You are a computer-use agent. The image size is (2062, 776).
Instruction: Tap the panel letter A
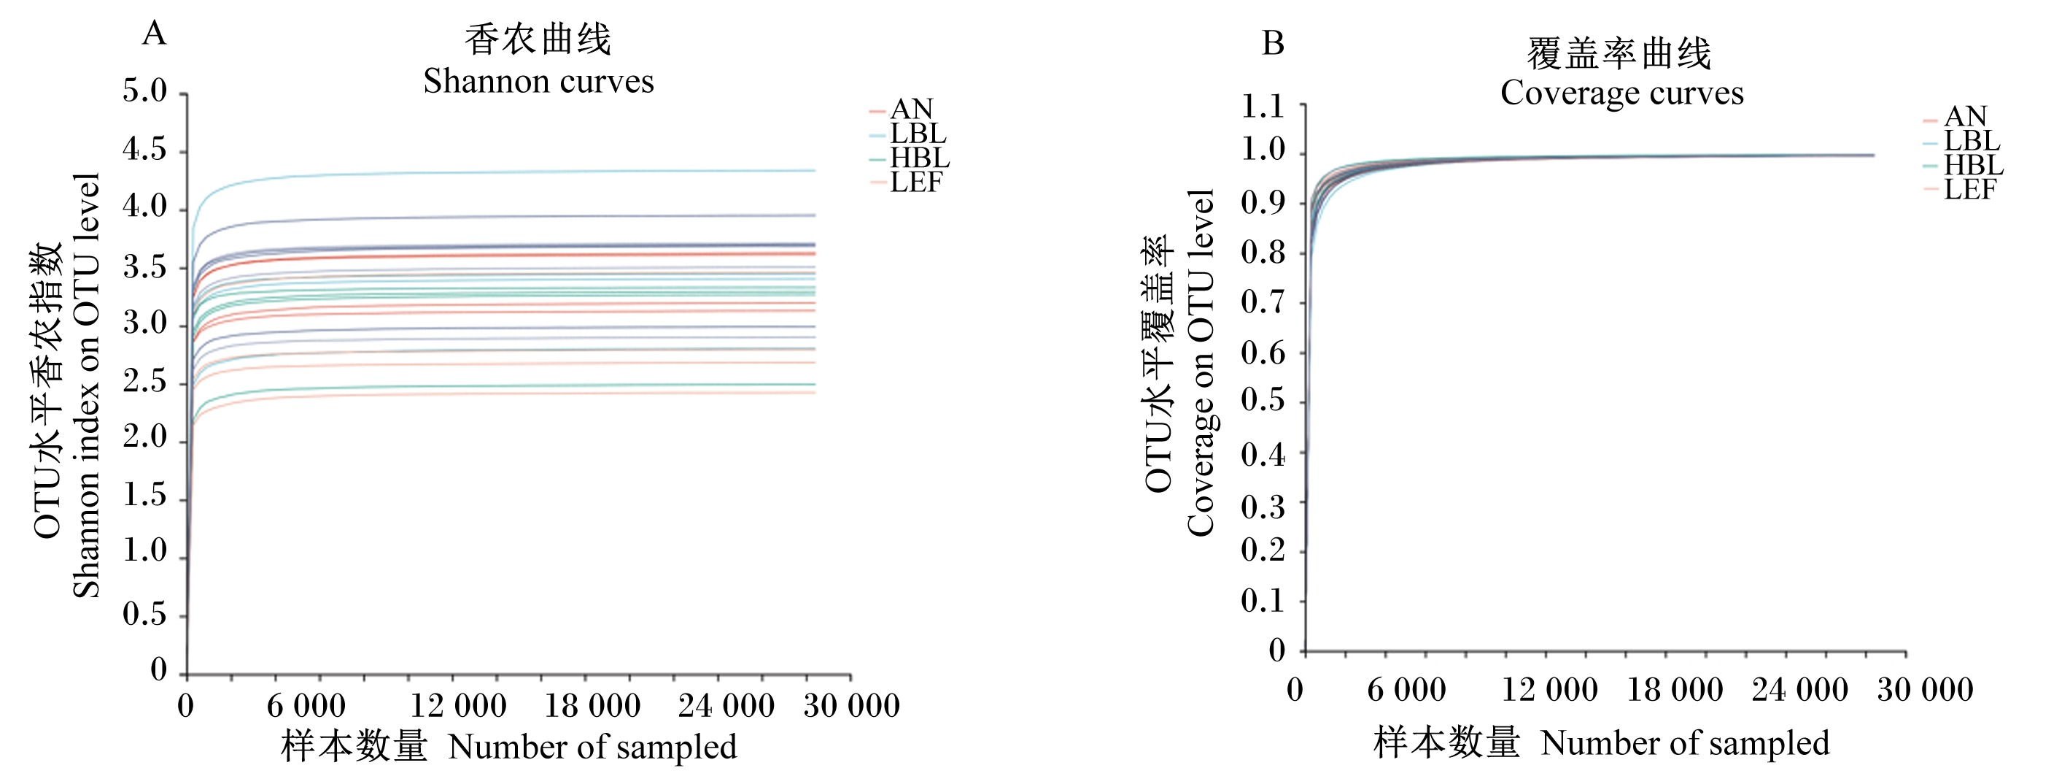(154, 34)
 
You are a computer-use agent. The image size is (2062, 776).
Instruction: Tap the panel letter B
(1273, 43)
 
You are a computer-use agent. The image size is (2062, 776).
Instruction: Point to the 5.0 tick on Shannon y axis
(145, 91)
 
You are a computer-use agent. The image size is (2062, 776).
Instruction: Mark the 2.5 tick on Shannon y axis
(145, 381)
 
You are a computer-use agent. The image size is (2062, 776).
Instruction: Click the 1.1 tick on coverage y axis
(1263, 106)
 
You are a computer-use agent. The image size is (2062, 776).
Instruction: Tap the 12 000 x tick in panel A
(458, 705)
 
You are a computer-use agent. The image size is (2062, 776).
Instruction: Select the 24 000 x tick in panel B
(1799, 690)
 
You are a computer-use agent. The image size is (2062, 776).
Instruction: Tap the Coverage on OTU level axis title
(1200, 363)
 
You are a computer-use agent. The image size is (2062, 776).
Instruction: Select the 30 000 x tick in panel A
(852, 705)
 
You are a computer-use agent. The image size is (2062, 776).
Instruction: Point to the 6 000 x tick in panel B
(1406, 690)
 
